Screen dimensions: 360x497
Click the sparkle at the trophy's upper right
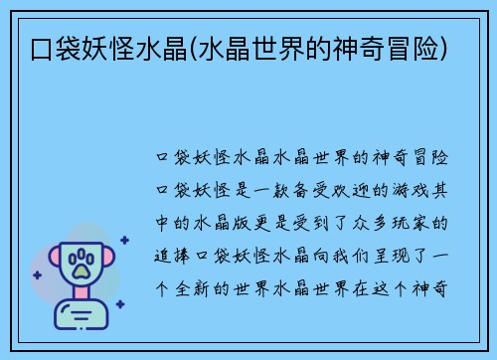(x=123, y=240)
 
